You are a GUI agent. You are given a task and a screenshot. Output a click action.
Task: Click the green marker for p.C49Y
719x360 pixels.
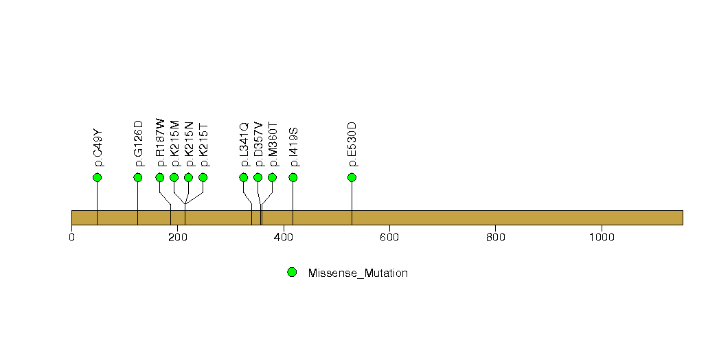click(x=97, y=177)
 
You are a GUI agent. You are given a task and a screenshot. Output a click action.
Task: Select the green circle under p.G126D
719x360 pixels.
click(x=137, y=177)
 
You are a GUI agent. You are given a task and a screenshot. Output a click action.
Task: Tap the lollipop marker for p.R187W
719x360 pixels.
click(x=159, y=177)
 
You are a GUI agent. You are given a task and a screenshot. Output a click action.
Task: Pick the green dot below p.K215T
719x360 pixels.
click(x=203, y=177)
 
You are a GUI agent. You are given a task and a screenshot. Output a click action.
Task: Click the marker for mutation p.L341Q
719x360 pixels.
click(x=244, y=177)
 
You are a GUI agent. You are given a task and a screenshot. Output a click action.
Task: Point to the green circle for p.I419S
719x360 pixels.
click(x=293, y=177)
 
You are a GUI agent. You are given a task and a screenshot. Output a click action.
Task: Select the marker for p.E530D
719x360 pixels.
click(x=352, y=177)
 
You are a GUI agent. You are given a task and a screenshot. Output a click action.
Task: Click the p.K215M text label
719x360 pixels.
click(x=174, y=144)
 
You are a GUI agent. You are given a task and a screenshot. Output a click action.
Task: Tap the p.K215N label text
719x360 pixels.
click(x=189, y=144)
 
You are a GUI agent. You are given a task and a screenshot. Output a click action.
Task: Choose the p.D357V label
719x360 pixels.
click(x=259, y=144)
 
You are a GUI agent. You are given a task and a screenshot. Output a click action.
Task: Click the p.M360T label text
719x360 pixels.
click(x=273, y=144)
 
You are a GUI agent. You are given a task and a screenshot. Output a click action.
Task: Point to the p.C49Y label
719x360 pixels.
click(x=98, y=148)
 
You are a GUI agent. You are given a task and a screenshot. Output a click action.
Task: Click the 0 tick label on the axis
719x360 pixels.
click(x=71, y=237)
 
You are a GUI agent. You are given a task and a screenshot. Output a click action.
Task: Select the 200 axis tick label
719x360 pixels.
click(x=177, y=237)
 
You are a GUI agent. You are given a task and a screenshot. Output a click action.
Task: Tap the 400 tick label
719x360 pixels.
click(x=284, y=237)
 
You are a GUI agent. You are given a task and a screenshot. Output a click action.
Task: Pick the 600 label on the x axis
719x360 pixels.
click(x=389, y=237)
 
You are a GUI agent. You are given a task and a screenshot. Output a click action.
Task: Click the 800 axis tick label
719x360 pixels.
click(x=496, y=237)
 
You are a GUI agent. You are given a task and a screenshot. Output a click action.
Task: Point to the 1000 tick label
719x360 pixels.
click(x=602, y=237)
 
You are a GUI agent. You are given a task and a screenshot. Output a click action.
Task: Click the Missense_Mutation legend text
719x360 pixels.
click(x=358, y=273)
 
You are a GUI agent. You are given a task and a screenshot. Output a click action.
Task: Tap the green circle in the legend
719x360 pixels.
click(x=292, y=273)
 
